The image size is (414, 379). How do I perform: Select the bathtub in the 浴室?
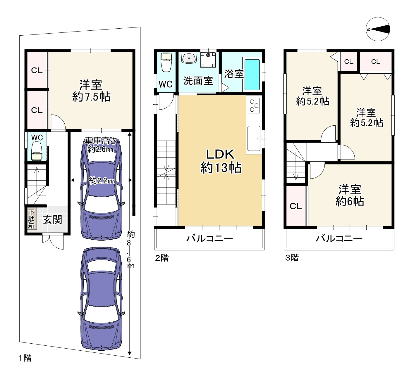252,75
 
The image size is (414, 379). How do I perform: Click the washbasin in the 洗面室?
189,58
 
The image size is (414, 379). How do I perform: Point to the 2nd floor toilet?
166,62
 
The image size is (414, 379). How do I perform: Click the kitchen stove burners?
254,105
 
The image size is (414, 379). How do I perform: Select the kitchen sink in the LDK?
254,139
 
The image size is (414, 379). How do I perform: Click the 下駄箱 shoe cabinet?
32,219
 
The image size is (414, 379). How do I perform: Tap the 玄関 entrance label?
52,220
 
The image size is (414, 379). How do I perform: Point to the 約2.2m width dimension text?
102,181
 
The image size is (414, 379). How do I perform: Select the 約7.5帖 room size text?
91,96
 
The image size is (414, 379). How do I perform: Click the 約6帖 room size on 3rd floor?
350,201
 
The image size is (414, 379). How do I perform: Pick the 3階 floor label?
292,257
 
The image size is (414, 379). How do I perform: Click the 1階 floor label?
25,358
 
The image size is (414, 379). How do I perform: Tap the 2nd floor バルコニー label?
209,238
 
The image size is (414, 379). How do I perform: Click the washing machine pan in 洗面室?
208,59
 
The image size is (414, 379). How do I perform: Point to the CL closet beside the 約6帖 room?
296,206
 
